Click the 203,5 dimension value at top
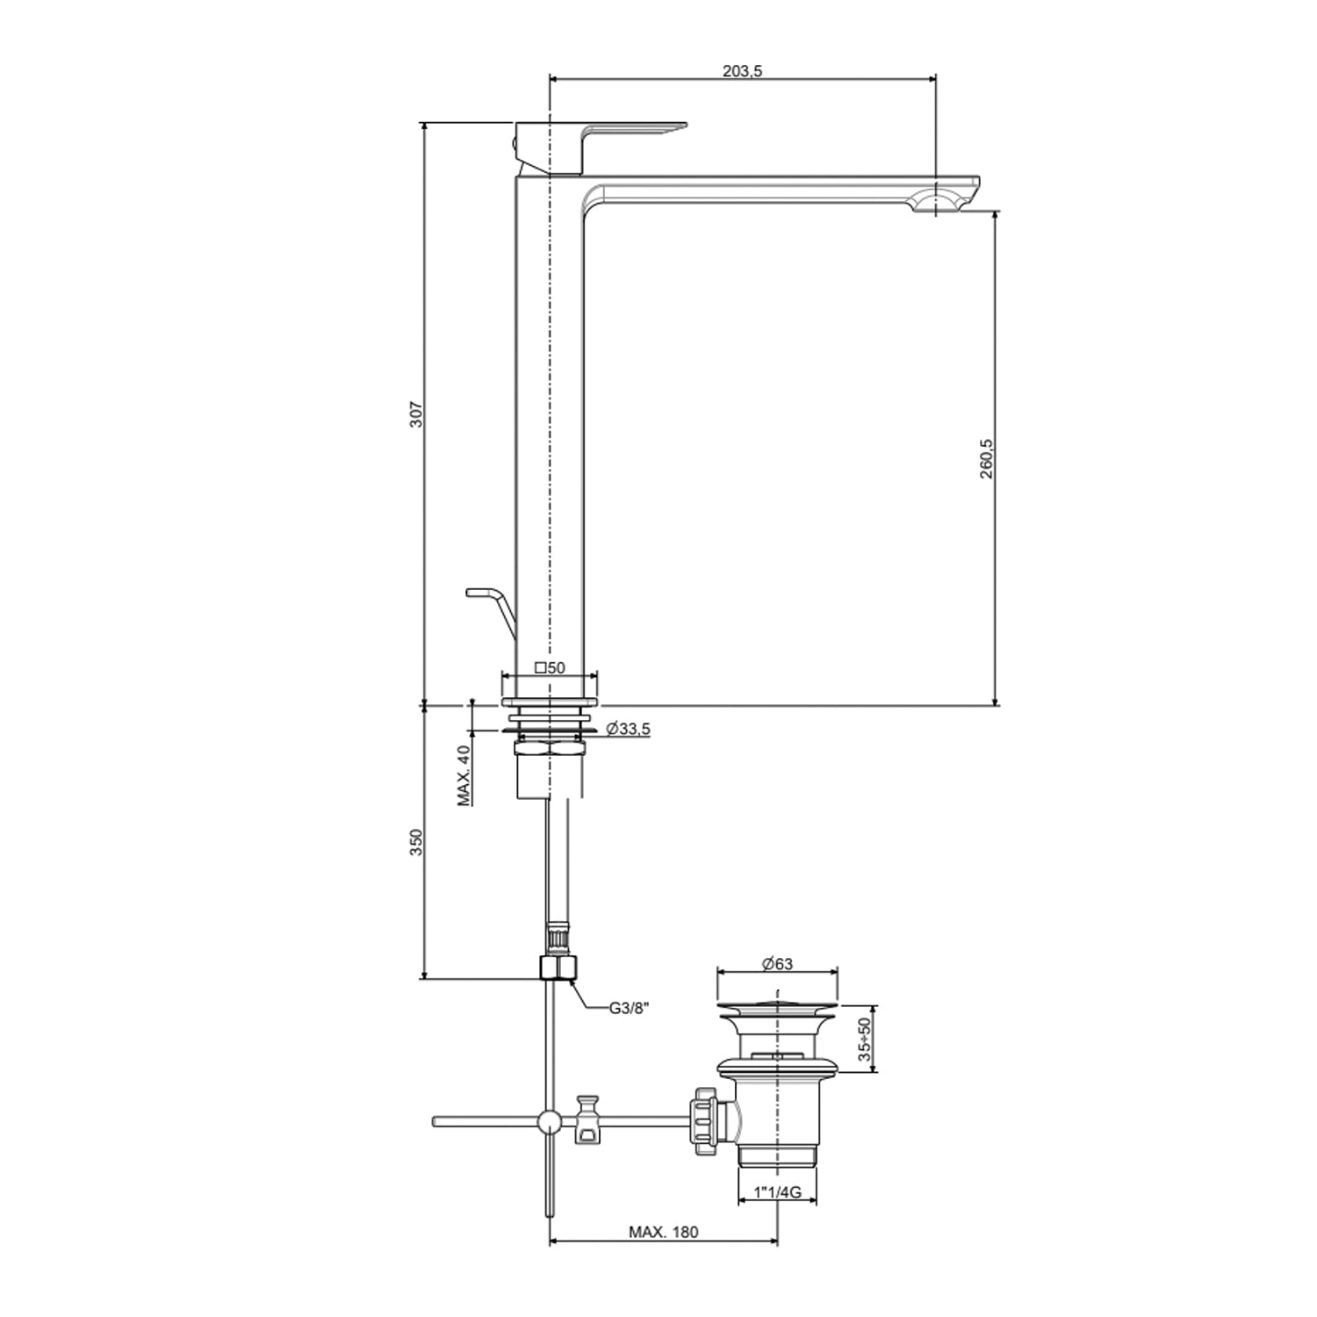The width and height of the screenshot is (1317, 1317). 742,71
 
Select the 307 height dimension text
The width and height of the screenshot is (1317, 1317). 417,414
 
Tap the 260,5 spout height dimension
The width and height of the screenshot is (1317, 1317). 986,458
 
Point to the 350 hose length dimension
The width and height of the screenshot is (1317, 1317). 417,841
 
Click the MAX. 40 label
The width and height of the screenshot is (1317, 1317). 464,775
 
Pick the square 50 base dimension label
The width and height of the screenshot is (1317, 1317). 550,667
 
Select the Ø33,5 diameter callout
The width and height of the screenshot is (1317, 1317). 628,729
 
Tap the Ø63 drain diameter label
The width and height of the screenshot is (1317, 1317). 777,963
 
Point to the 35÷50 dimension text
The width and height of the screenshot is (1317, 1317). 865,1040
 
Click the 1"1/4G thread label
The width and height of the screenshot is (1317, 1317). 777,1192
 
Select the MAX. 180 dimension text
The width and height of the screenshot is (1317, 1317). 663,1232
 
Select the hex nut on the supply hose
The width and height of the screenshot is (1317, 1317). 558,968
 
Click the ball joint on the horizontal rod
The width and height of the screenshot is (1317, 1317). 550,1121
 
